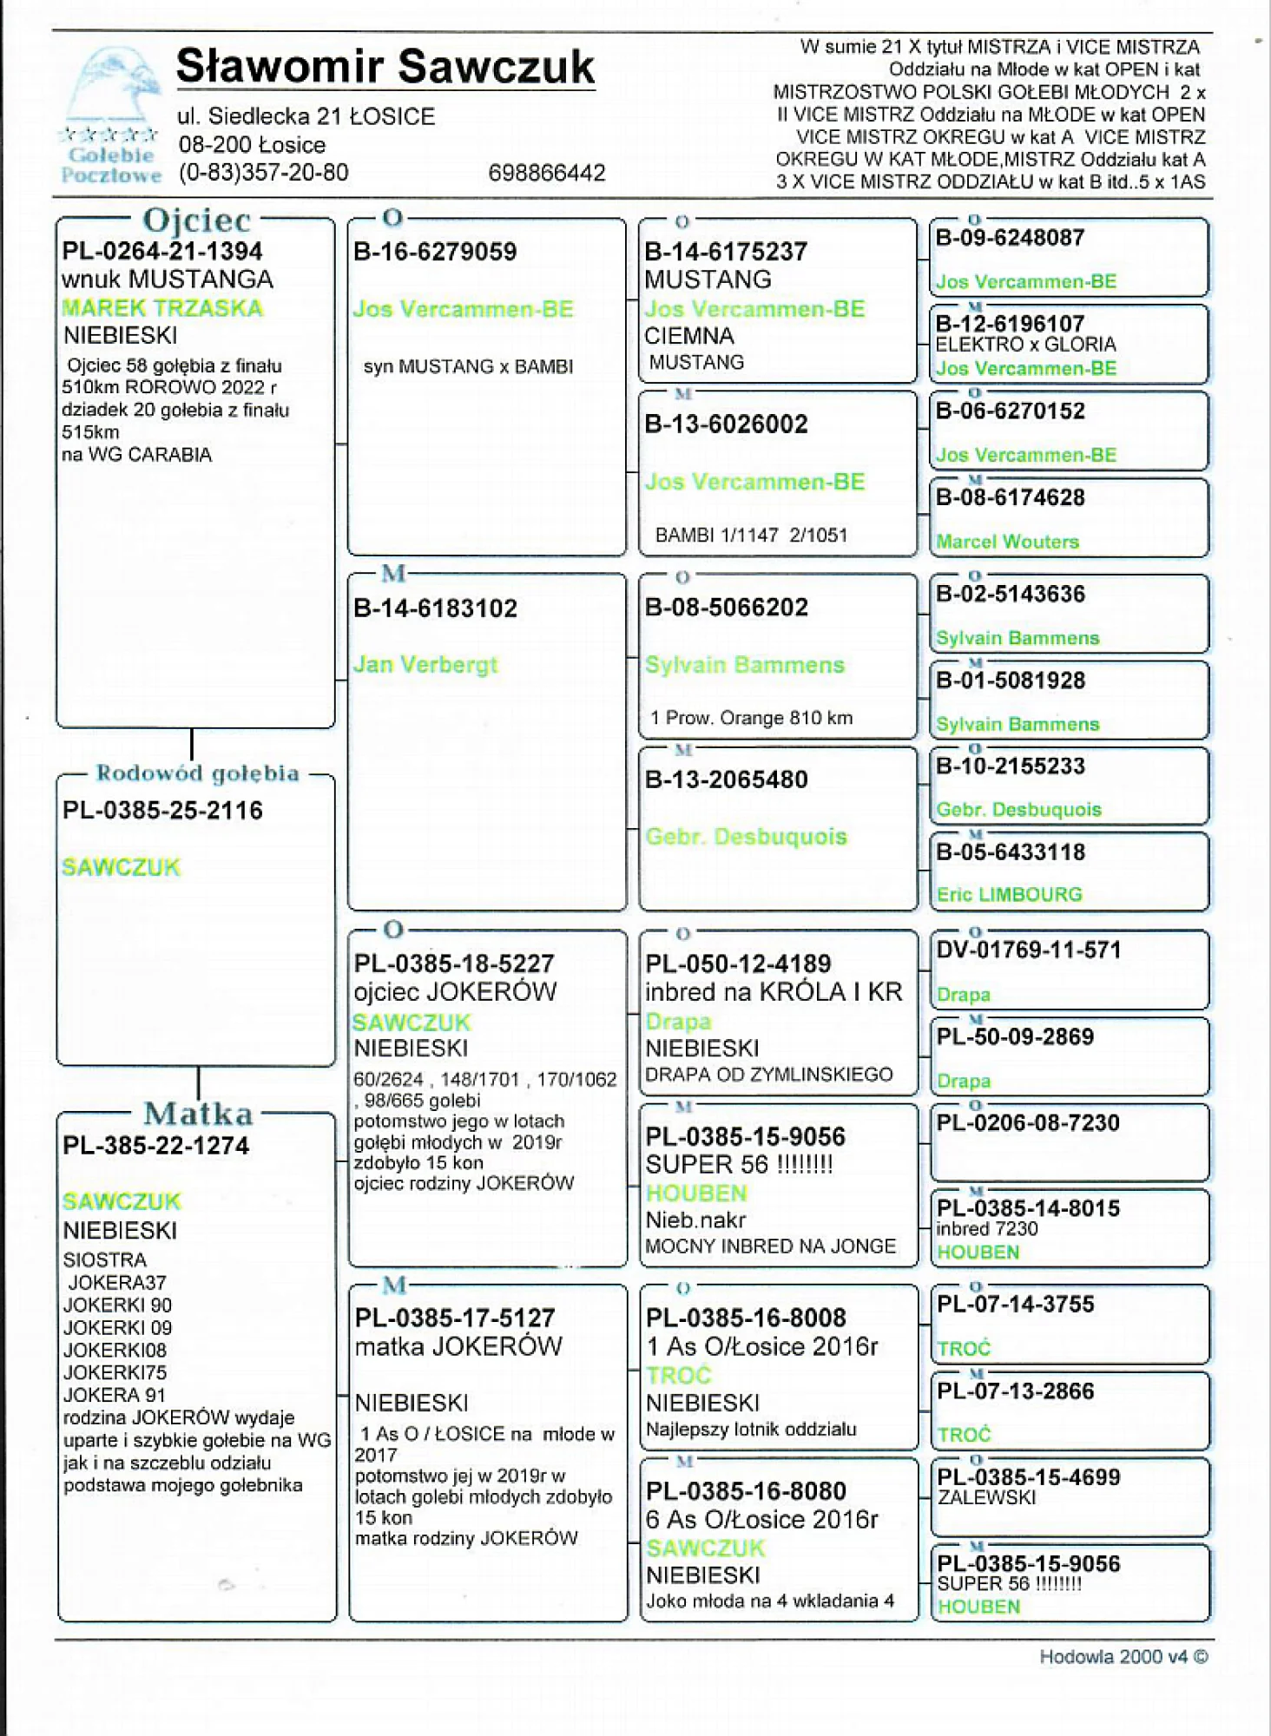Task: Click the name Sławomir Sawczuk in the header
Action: (385, 67)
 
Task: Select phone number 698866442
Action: (546, 173)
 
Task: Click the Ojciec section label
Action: (196, 220)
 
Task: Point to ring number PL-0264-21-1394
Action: (162, 252)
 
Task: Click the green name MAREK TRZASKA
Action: (162, 308)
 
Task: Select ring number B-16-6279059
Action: (435, 252)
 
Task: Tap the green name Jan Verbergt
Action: (425, 665)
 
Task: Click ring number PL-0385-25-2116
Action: (162, 811)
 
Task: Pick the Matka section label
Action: (198, 1114)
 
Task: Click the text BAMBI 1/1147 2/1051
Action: (751, 536)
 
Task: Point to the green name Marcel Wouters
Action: (1007, 542)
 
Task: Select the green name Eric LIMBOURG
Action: (1009, 895)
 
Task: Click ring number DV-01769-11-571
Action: (1028, 950)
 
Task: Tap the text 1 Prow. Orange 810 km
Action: (751, 718)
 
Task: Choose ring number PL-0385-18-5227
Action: (453, 963)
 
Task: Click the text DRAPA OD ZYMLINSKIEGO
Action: (768, 1075)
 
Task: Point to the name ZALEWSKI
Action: (986, 1498)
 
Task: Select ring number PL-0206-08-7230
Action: (1028, 1123)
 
